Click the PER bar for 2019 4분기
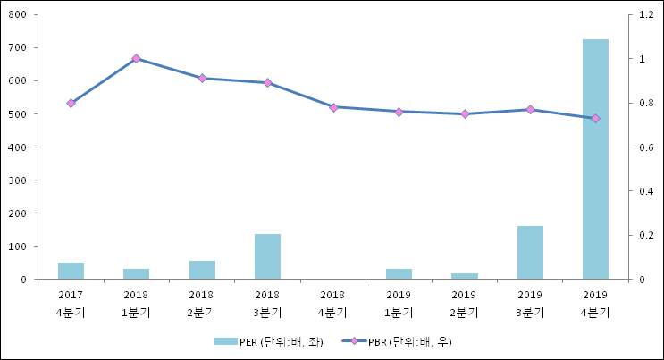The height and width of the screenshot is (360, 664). point(595,159)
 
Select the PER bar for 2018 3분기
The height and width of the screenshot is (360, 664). point(267,256)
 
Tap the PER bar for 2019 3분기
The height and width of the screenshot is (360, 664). point(530,252)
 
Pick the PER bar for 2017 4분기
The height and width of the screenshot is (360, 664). point(71,271)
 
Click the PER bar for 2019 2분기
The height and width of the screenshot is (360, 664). point(464,276)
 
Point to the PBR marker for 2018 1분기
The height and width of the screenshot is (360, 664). point(136,59)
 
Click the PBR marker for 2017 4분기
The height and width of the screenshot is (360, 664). point(71,103)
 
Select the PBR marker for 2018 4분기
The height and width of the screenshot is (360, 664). point(333,107)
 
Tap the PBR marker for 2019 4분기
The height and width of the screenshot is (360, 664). point(595,118)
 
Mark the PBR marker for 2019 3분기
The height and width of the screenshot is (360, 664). point(530,109)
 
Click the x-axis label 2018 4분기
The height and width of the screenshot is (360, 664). point(332,304)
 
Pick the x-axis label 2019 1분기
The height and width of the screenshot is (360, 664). point(399,304)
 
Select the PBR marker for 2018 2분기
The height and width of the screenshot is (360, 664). point(202,79)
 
